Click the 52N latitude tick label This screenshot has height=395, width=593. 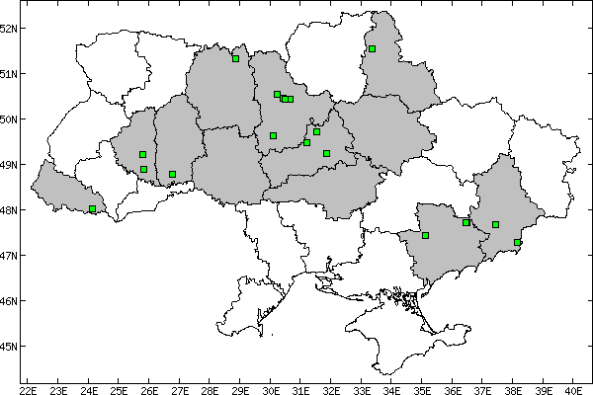pos(9,28)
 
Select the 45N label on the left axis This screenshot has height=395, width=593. pos(9,347)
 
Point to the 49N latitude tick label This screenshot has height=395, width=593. pos(9,165)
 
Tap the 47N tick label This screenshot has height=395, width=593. pos(9,256)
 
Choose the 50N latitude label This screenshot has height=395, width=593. pos(9,119)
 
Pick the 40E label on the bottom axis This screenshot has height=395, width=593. pos(575,389)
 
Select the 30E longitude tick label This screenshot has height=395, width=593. pos(271,389)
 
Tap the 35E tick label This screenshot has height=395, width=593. pos(423,389)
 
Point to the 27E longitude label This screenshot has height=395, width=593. pos(180,389)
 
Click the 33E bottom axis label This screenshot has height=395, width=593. pos(362,389)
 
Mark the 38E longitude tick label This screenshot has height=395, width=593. pos(514,389)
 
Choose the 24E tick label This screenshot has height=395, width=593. pos(89,389)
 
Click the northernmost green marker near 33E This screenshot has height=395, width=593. pos(372,48)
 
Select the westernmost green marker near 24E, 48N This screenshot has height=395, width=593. pos(93,208)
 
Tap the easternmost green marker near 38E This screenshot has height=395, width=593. pos(518,242)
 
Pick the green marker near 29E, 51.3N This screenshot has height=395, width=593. pos(235,58)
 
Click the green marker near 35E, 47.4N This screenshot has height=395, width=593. pos(425,235)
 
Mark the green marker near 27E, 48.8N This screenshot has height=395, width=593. pos(172,174)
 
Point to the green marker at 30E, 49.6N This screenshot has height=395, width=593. pos(273,135)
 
